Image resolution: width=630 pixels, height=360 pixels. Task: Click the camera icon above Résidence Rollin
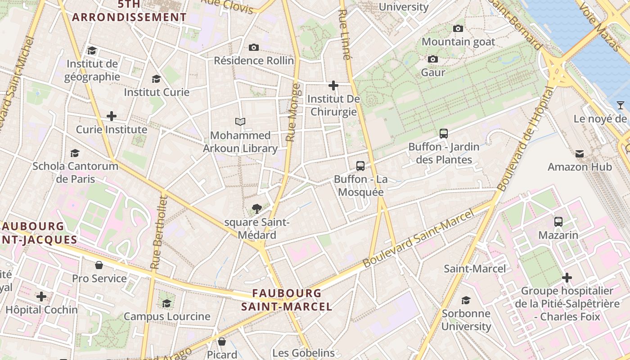click(x=254, y=47)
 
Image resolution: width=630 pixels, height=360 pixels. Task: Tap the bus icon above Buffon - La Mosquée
click(x=360, y=166)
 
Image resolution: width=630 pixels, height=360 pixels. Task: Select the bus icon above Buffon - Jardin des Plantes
click(x=444, y=133)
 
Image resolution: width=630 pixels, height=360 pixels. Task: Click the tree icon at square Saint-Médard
click(x=257, y=208)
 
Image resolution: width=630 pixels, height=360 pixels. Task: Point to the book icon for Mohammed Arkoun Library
click(x=240, y=121)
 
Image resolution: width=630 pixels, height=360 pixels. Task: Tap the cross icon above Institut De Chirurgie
click(x=333, y=85)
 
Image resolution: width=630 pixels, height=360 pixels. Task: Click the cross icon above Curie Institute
click(x=112, y=116)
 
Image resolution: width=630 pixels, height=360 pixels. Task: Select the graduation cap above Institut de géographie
click(x=92, y=50)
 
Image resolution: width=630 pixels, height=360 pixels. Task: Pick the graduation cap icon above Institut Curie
click(x=156, y=79)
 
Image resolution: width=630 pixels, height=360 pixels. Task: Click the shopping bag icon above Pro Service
click(x=99, y=265)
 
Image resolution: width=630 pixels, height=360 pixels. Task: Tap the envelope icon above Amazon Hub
click(x=580, y=154)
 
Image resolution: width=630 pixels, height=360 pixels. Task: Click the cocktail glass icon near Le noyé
click(x=621, y=105)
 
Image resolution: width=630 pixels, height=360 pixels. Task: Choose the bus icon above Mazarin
click(x=558, y=221)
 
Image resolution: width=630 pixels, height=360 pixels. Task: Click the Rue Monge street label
click(x=293, y=112)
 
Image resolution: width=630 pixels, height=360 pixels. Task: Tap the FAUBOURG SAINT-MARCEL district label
click(x=287, y=300)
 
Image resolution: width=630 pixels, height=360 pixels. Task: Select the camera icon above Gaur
click(x=433, y=59)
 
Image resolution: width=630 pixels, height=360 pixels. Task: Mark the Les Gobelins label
click(x=303, y=353)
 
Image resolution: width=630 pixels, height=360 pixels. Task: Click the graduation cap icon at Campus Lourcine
click(x=167, y=303)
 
